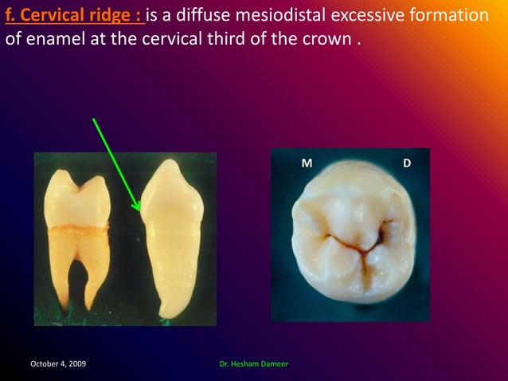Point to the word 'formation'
coord(450,16)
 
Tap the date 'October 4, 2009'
coord(58,364)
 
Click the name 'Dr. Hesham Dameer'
coord(253,364)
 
